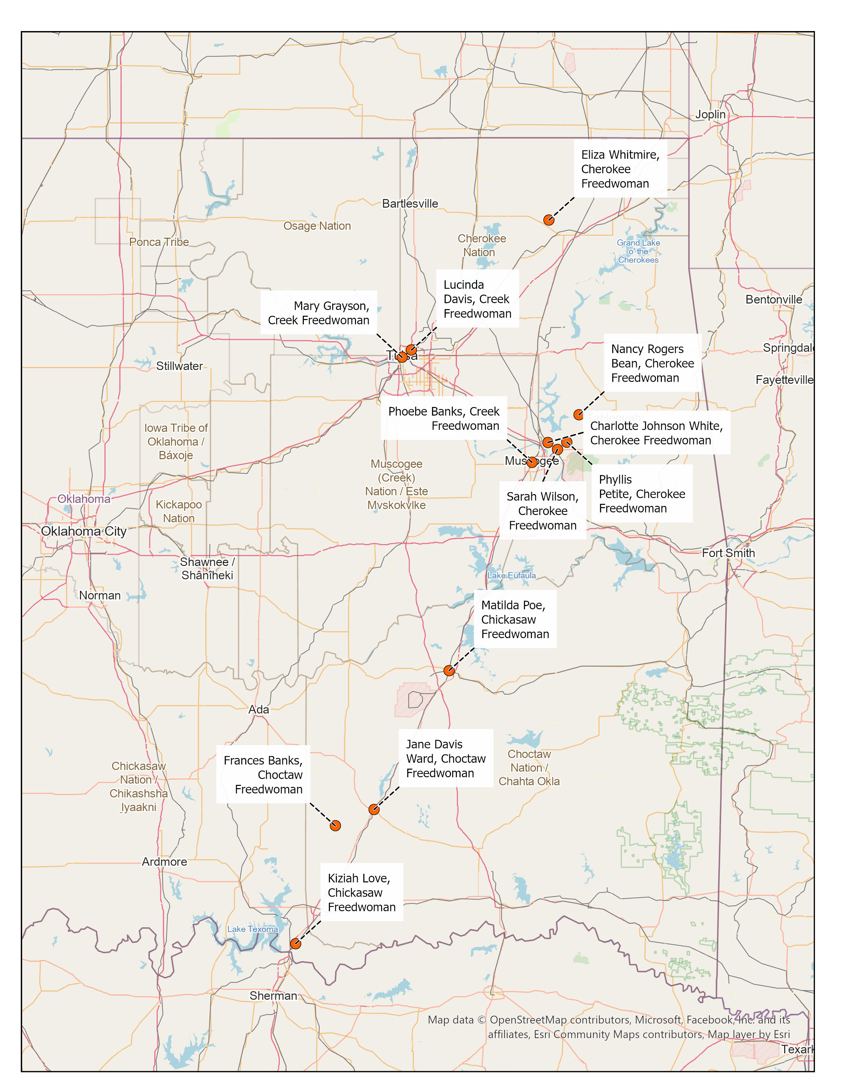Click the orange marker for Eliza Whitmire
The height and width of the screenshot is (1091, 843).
tap(548, 220)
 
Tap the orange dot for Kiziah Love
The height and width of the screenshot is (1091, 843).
tap(295, 944)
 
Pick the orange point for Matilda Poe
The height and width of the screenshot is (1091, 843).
tap(449, 671)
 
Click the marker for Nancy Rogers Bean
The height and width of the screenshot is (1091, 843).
tap(578, 415)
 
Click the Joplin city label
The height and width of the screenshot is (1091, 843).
tap(710, 114)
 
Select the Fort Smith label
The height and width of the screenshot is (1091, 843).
tap(728, 553)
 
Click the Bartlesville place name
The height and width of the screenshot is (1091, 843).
tap(410, 204)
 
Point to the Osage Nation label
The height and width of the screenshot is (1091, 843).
tap(317, 226)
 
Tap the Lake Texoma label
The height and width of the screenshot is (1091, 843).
tap(252, 929)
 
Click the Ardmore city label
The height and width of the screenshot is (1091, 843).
tap(164, 862)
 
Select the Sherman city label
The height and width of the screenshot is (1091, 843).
tap(273, 995)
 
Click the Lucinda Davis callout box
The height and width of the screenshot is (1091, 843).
tap(477, 299)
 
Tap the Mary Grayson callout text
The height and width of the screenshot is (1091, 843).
tap(319, 313)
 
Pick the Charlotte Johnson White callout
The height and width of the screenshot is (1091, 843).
tap(656, 433)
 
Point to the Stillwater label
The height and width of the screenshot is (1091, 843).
tap(179, 366)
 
